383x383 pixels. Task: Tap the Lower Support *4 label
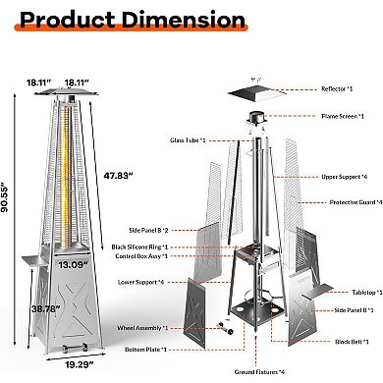(x=194, y=282)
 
